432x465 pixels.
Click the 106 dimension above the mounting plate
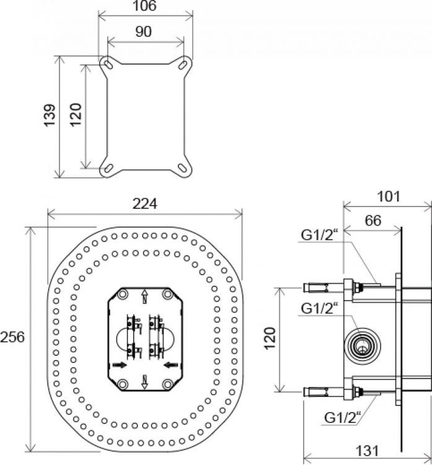[x=144, y=7]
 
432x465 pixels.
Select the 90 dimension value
[x=144, y=32]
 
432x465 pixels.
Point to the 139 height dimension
[x=51, y=116]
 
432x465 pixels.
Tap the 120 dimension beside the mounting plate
[x=75, y=116]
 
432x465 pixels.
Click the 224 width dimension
[x=145, y=203]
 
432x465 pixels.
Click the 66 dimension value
[x=373, y=221]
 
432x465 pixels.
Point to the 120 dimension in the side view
[x=269, y=339]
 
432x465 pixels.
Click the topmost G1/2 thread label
[x=319, y=235]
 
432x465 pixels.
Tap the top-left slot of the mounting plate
[x=108, y=64]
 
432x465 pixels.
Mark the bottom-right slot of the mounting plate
[x=184, y=166]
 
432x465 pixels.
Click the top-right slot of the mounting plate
[x=184, y=64]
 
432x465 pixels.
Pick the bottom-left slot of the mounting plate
[x=108, y=166]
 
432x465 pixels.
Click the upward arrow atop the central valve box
[x=144, y=294]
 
